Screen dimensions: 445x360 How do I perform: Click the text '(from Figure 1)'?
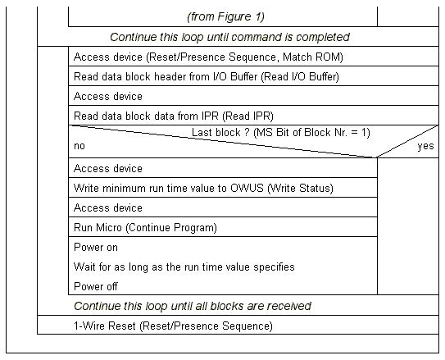[225, 16]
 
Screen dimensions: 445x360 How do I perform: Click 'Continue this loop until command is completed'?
[230, 37]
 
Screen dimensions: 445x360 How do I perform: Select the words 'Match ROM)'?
[313, 57]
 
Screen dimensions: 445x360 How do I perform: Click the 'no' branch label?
[79, 146]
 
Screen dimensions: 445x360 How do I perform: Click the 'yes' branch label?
[425, 146]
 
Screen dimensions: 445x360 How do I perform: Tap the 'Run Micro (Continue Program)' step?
[145, 228]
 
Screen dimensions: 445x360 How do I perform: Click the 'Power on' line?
[96, 248]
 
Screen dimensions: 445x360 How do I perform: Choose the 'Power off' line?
[96, 286]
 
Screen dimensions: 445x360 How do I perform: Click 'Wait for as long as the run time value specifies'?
[184, 267]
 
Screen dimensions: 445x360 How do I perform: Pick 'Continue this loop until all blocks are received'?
[193, 306]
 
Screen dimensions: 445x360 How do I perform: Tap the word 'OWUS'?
[247, 189]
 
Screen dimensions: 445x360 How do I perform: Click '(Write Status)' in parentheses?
[300, 189]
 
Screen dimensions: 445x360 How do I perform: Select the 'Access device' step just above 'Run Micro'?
[108, 207]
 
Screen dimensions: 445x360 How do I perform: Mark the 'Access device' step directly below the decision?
[108, 169]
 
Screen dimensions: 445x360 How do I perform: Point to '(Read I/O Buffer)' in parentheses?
[300, 76]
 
